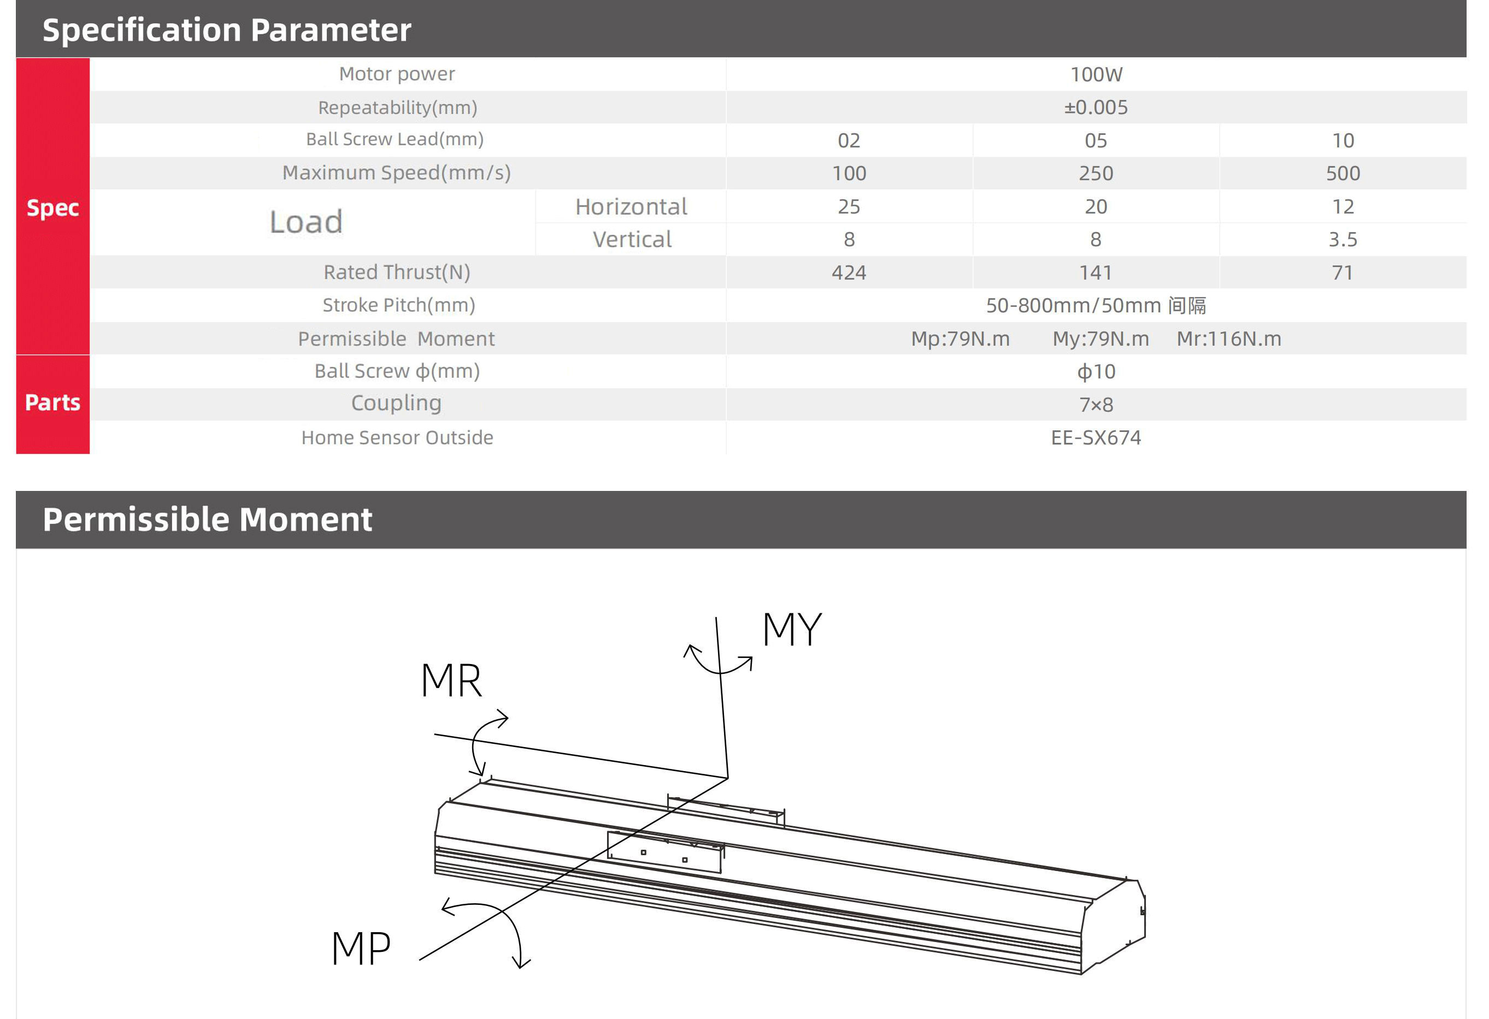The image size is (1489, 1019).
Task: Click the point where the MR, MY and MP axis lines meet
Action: coord(728,778)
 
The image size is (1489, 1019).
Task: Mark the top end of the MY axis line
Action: coord(716,618)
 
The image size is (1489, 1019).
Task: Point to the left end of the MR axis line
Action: coord(434,734)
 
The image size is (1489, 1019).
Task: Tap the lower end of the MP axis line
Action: coord(420,959)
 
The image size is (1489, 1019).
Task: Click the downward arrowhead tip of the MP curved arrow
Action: coord(521,968)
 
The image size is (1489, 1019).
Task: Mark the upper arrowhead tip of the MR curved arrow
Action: coord(508,719)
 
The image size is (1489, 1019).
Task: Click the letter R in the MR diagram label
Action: coord(467,680)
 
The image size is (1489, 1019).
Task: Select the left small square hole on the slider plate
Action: coord(643,852)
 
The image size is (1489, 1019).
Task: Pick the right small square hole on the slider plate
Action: coord(685,860)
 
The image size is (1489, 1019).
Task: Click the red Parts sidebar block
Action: coord(52,404)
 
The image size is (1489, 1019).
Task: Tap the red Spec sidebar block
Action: coord(52,206)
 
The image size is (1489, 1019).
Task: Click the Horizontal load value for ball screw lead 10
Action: coord(1343,206)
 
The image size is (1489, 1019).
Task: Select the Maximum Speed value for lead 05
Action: coord(1096,174)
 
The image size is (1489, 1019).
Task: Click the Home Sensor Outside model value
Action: coord(1096,437)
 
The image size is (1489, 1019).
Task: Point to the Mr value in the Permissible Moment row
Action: coord(1229,339)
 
